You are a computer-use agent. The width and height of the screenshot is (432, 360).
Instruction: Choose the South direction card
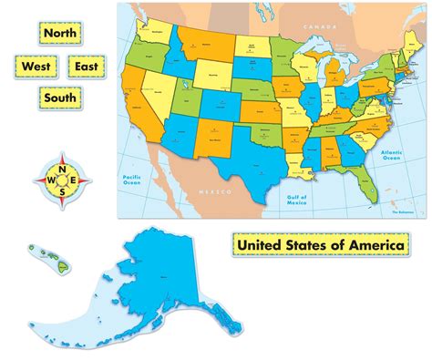tap(59, 96)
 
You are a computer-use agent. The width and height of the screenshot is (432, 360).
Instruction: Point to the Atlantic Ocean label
tap(391, 155)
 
